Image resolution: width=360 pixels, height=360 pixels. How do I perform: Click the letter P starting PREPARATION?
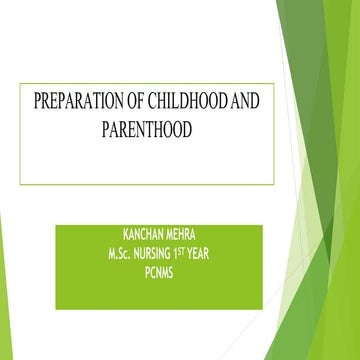pyautogui.click(x=37, y=102)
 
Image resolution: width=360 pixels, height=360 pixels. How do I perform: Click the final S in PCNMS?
pyautogui.click(x=172, y=269)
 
